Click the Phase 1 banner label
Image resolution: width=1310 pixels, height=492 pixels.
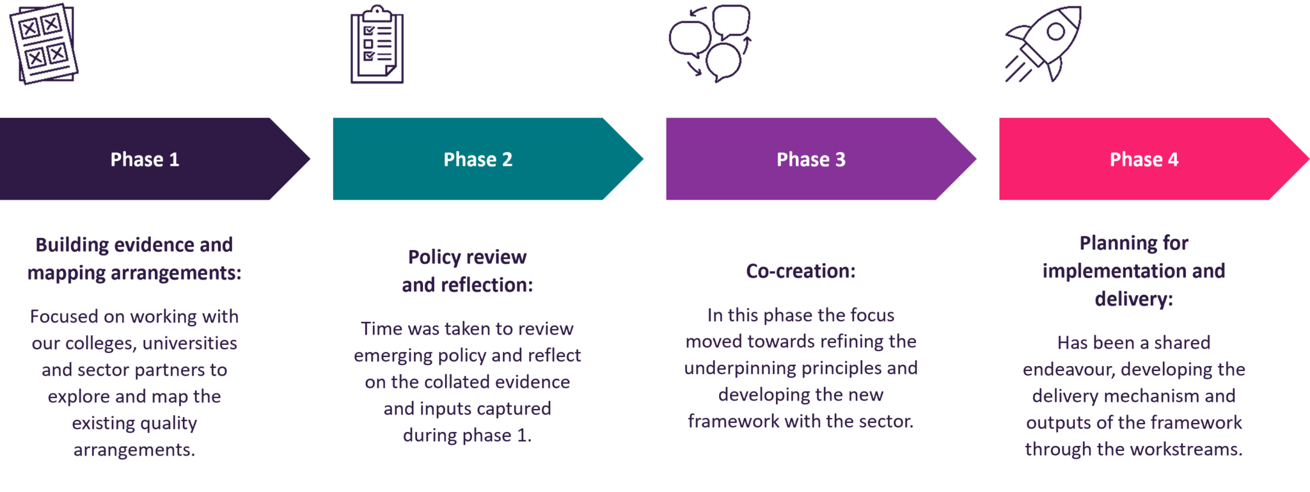click(145, 159)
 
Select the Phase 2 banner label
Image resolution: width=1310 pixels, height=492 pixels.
click(478, 159)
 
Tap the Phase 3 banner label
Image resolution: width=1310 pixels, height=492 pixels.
click(810, 159)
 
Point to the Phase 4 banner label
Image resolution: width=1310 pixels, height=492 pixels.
click(1144, 159)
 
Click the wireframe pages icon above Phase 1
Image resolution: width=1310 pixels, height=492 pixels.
click(43, 44)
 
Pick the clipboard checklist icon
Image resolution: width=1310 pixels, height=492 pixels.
click(377, 45)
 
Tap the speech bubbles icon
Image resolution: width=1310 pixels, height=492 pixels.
click(710, 43)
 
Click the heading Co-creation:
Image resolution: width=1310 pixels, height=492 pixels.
click(800, 271)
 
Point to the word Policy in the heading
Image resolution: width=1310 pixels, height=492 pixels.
click(434, 257)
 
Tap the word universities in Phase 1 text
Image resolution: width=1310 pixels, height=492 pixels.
click(189, 344)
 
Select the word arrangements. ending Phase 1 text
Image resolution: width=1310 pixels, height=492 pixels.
click(134, 450)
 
